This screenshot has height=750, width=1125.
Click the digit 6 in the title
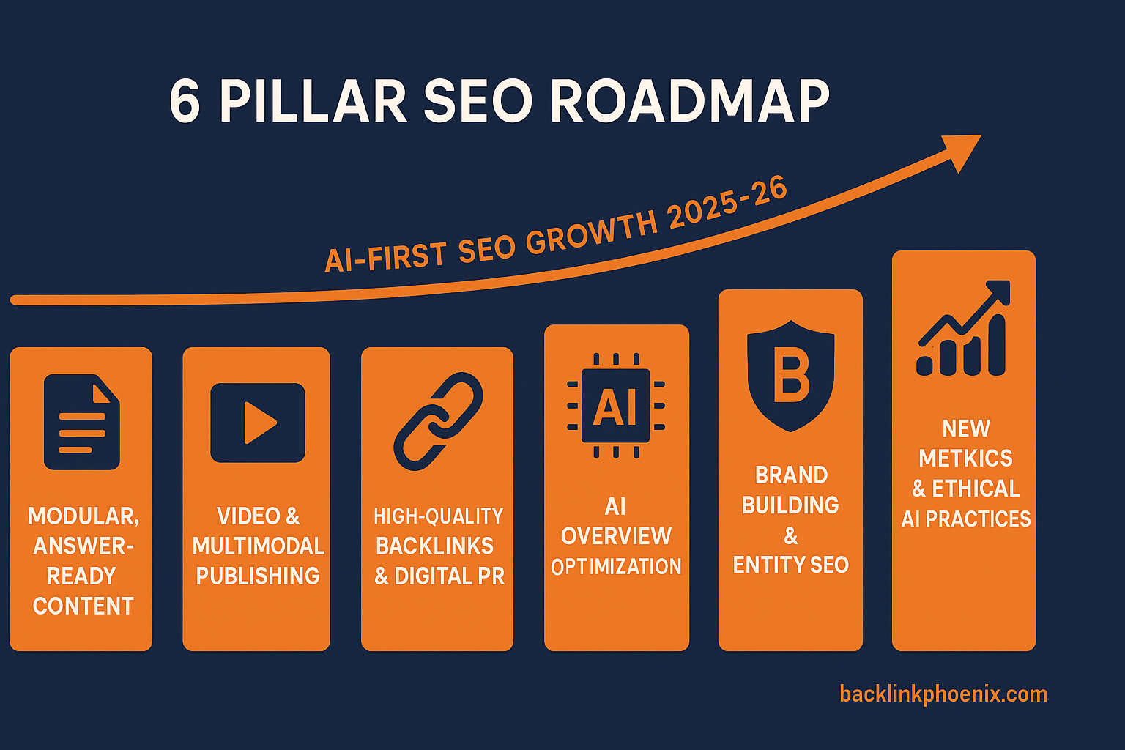[x=185, y=100]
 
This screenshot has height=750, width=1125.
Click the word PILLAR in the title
[x=313, y=100]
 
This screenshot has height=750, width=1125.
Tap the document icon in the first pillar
[x=82, y=422]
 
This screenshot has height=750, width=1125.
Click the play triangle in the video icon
[x=260, y=423]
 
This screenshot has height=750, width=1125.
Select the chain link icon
[x=438, y=421]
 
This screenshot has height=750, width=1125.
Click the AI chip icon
[x=616, y=405]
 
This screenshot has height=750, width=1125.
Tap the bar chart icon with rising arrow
[x=963, y=328]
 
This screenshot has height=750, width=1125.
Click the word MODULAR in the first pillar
[x=83, y=516]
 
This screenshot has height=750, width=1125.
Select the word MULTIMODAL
[x=258, y=546]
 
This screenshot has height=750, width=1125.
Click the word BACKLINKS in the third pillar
[x=435, y=546]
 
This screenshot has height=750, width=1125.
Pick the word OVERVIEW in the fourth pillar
[x=616, y=537]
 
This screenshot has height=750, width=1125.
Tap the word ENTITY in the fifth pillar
[x=768, y=565]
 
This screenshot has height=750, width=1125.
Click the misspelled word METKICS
[x=965, y=458]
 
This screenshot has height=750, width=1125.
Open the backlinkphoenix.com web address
[x=943, y=694]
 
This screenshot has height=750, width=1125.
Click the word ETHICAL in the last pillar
[x=976, y=489]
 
